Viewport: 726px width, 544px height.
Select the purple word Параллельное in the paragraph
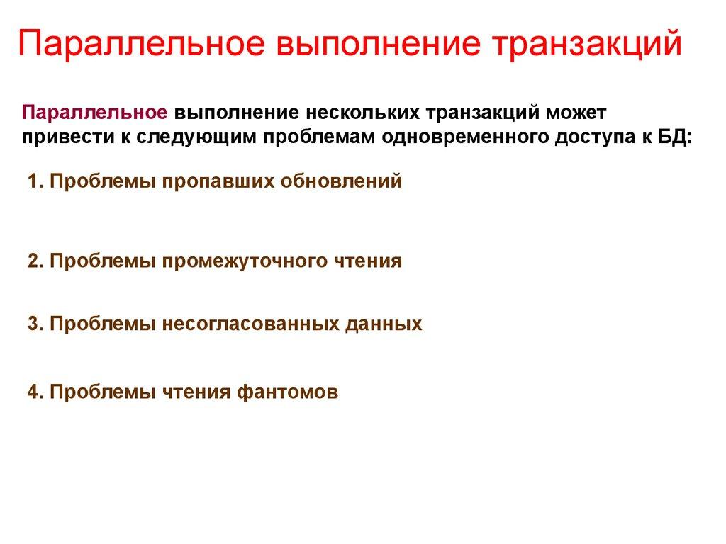[x=95, y=113]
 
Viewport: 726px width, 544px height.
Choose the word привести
[x=64, y=137]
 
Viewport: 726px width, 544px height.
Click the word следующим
[x=192, y=137]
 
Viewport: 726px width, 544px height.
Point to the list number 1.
[x=34, y=181]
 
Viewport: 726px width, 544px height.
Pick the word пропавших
[x=220, y=181]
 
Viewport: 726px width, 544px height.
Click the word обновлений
[x=342, y=181]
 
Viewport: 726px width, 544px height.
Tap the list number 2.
[x=34, y=261]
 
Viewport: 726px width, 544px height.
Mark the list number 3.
[x=34, y=324]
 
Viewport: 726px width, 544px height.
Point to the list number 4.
[x=34, y=392]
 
